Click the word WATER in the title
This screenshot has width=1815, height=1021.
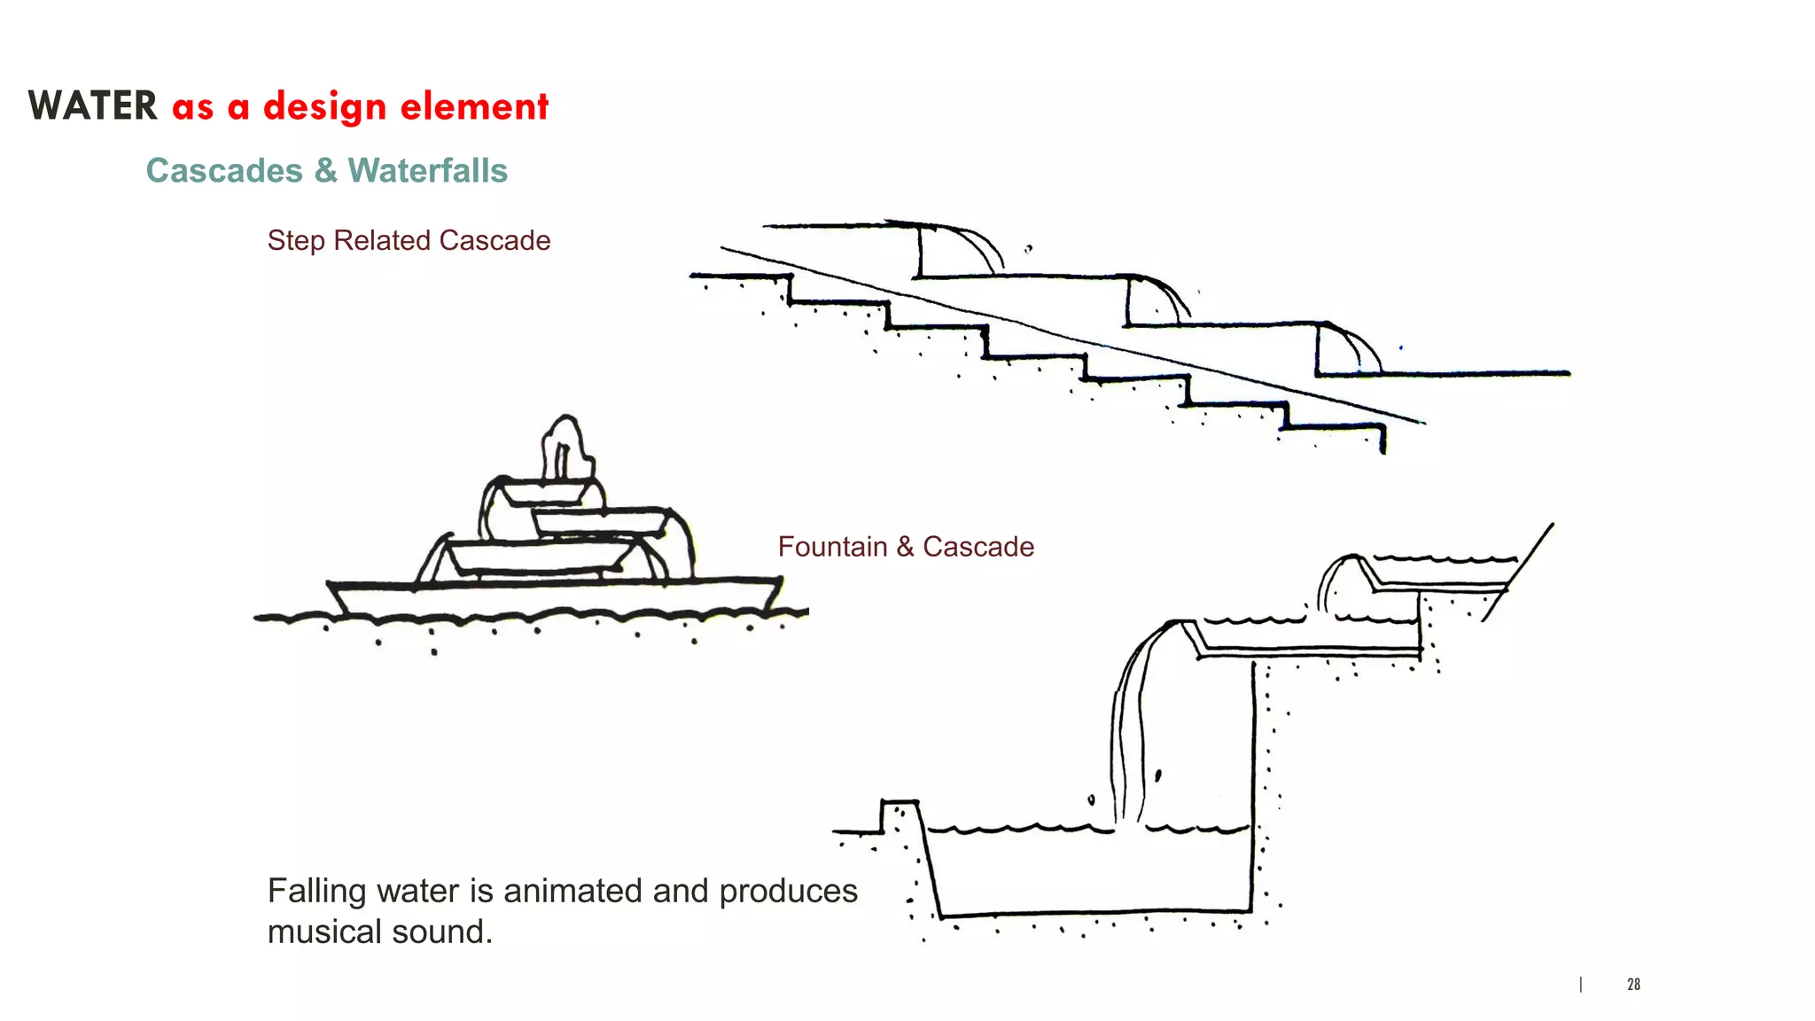tap(92, 106)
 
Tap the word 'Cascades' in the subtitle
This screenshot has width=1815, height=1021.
tap(224, 170)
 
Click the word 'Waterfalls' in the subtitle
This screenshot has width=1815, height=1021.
tap(427, 170)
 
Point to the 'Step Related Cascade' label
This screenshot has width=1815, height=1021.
tap(409, 240)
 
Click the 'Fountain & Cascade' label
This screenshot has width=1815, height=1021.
tap(906, 546)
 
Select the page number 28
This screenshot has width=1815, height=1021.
tap(1633, 984)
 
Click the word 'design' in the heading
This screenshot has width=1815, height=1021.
tap(324, 106)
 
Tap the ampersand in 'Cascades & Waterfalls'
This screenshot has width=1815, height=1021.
tap(325, 170)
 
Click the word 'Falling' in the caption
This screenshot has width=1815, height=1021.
tap(316, 891)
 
